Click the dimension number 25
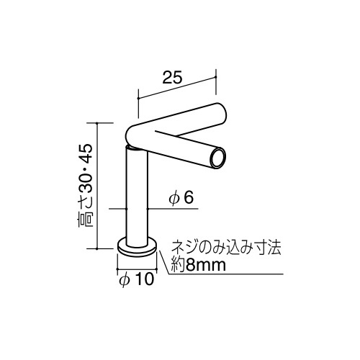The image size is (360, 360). click(x=172, y=77)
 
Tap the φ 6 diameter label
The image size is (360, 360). click(x=181, y=198)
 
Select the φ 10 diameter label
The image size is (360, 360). click(x=136, y=279)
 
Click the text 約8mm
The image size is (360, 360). click(x=198, y=265)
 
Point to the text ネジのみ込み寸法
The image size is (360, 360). click(x=225, y=248)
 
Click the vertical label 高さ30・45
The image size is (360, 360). click(x=86, y=186)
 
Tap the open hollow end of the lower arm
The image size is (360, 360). click(x=218, y=158)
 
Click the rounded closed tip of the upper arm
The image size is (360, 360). click(x=221, y=113)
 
